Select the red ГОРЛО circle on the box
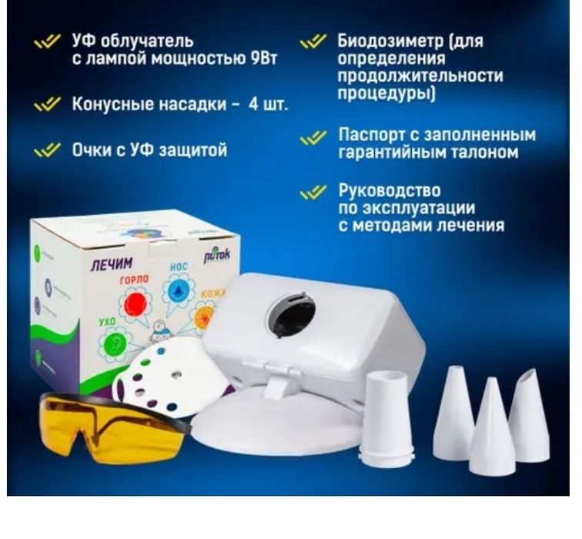tap(136, 300)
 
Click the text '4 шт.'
tap(269, 104)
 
